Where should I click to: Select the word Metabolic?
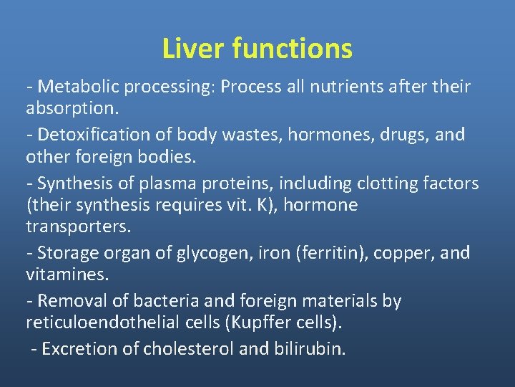tap(78, 87)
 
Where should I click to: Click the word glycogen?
tap(197, 253)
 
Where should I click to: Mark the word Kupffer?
tap(260, 322)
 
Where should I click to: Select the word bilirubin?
tap(312, 349)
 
